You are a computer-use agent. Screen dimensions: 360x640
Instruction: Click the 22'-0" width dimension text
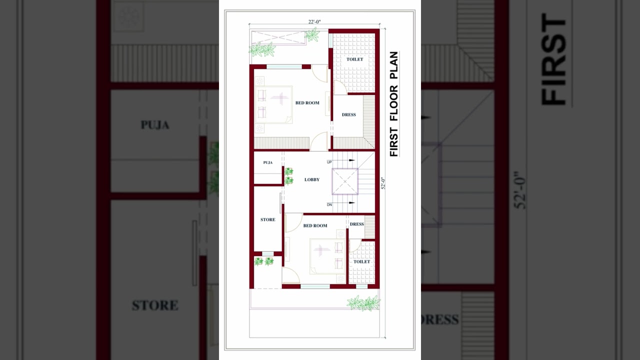pos(314,22)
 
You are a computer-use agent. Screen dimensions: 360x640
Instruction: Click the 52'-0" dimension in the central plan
pos(383,183)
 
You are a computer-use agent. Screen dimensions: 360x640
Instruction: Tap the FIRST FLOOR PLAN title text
pos(394,104)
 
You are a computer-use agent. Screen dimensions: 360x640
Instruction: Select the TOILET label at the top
pos(354,59)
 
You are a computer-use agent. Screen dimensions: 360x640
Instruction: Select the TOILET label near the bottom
pos(361,261)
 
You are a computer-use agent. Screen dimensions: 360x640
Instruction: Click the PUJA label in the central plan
pos(267,162)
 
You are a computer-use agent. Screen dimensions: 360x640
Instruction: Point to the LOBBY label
pos(311,179)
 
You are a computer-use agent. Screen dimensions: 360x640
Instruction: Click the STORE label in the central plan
pos(267,219)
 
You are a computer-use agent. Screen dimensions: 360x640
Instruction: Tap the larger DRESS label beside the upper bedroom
pos(348,115)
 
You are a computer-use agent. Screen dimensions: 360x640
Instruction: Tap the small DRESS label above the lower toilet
pos(356,224)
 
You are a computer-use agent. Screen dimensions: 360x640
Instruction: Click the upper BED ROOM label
pos(307,103)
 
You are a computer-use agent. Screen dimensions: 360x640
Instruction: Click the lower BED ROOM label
pos(315,225)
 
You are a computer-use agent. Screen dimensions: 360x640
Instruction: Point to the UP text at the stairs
pos(329,162)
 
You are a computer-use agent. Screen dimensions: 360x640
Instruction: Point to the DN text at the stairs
pos(329,204)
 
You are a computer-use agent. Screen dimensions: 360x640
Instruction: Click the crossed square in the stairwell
pos(345,181)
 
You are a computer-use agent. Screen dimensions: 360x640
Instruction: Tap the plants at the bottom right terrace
pos(363,303)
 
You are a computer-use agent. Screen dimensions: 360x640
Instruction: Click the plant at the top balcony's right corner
pos(312,35)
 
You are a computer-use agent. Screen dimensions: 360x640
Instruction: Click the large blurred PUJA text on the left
pos(155,125)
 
